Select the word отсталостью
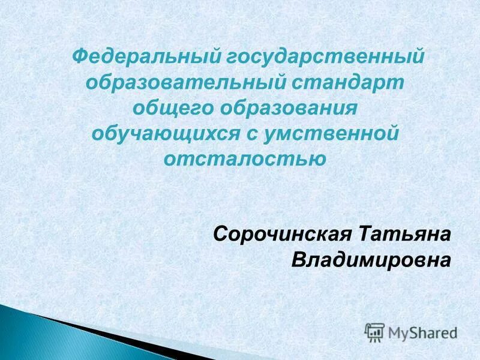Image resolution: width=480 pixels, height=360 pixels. [244, 158]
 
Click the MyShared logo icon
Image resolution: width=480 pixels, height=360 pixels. [374, 332]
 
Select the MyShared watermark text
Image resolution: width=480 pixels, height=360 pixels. [422, 332]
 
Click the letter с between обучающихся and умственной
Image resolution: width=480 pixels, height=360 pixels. [251, 134]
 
